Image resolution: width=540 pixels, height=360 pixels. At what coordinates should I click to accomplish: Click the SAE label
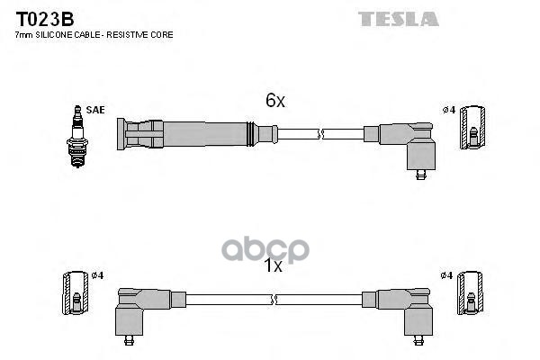pyautogui.click(x=95, y=110)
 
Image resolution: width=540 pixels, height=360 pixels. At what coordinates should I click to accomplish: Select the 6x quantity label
pyautogui.click(x=274, y=102)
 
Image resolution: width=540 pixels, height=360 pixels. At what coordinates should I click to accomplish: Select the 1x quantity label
pyautogui.click(x=274, y=266)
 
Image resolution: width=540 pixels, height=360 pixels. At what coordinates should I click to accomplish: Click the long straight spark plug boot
pyautogui.click(x=193, y=136)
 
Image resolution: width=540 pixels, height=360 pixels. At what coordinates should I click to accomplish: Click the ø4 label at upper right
pyautogui.click(x=448, y=110)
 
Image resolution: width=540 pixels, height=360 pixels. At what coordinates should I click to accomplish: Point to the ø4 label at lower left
pyautogui.click(x=98, y=274)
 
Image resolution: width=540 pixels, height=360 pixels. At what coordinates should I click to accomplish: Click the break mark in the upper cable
pyautogui.click(x=320, y=135)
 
